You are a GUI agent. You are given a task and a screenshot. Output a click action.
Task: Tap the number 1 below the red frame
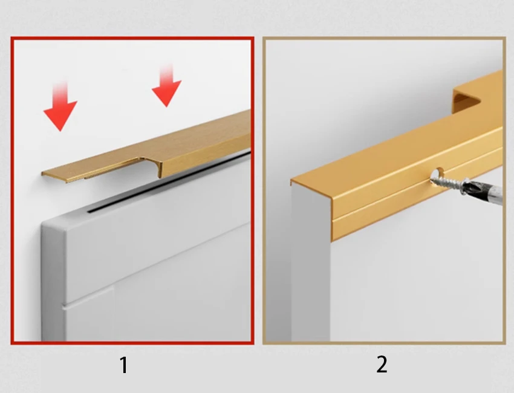click(x=123, y=365)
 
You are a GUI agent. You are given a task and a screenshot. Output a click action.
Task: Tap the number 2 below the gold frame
click(x=382, y=365)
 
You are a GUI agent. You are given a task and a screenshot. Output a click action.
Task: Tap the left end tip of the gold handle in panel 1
click(x=42, y=173)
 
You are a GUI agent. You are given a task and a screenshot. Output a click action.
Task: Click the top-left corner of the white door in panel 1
click(x=42, y=224)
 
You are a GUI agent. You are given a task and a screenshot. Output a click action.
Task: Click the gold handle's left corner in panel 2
click(x=291, y=181)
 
